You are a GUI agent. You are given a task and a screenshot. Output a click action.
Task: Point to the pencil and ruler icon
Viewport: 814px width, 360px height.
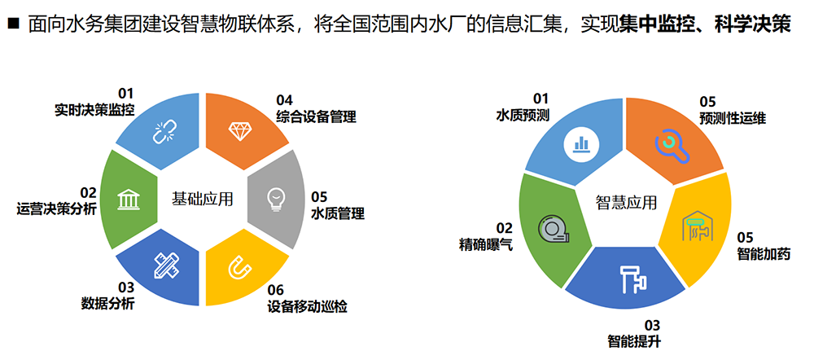tap(165, 264)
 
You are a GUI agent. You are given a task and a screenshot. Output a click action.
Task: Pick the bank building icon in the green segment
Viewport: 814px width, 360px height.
tap(128, 199)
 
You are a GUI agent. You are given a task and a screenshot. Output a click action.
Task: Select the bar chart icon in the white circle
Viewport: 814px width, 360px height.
tap(581, 143)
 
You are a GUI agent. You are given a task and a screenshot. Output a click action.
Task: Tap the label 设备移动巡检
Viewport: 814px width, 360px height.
tap(308, 306)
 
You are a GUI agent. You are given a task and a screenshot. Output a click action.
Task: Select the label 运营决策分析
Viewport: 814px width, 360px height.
tap(56, 209)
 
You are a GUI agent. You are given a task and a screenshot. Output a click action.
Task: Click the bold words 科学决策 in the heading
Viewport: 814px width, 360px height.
tap(757, 24)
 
